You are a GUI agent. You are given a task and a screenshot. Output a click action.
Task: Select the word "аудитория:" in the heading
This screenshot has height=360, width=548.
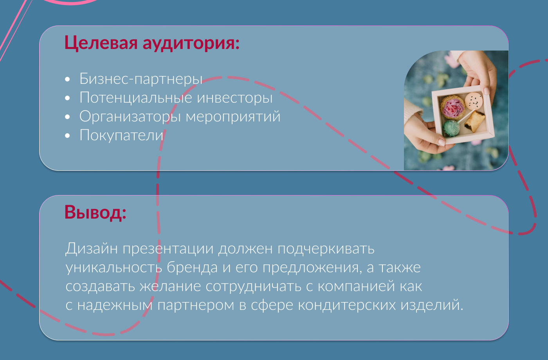[191, 43]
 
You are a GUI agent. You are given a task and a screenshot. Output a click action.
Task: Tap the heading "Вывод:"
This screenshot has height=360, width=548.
[96, 212]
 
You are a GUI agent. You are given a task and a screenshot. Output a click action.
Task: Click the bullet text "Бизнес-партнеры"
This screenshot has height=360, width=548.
[141, 79]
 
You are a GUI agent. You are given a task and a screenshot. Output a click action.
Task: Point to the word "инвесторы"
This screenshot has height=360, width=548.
[234, 98]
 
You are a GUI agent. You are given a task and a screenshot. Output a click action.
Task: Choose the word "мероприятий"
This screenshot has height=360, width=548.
[233, 117]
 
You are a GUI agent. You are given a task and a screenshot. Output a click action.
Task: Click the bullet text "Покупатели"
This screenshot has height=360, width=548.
[121, 135]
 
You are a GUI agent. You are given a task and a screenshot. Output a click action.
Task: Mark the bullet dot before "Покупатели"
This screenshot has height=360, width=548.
[68, 136]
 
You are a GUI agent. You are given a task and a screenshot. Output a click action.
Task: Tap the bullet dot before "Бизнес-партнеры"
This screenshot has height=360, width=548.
[68, 79]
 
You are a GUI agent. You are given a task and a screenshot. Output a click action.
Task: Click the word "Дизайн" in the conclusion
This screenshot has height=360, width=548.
[92, 249]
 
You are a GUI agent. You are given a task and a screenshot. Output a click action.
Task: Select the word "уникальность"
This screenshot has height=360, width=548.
[114, 268]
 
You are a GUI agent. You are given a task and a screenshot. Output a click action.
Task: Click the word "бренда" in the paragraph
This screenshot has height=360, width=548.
[192, 268]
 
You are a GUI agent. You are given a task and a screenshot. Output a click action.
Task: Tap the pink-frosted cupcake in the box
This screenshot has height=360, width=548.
[453, 107]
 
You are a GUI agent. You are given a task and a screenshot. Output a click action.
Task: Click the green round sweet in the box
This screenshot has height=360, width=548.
[451, 128]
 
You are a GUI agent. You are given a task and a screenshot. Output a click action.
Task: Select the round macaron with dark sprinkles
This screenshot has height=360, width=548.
[474, 101]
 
